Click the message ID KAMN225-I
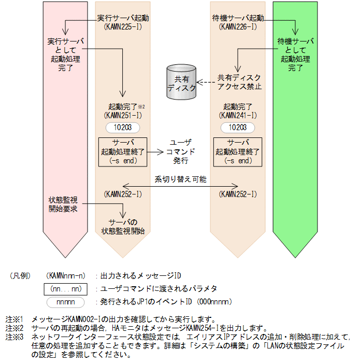123,26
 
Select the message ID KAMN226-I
238,26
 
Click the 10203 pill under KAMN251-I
123,127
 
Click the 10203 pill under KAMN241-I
238,127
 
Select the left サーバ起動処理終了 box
123,151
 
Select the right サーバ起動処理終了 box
238,151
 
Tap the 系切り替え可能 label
180,179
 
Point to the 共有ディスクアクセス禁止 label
240,82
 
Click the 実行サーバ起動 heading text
123,18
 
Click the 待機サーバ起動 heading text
238,18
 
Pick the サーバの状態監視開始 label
123,227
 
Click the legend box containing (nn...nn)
67,288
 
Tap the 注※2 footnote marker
15,328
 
